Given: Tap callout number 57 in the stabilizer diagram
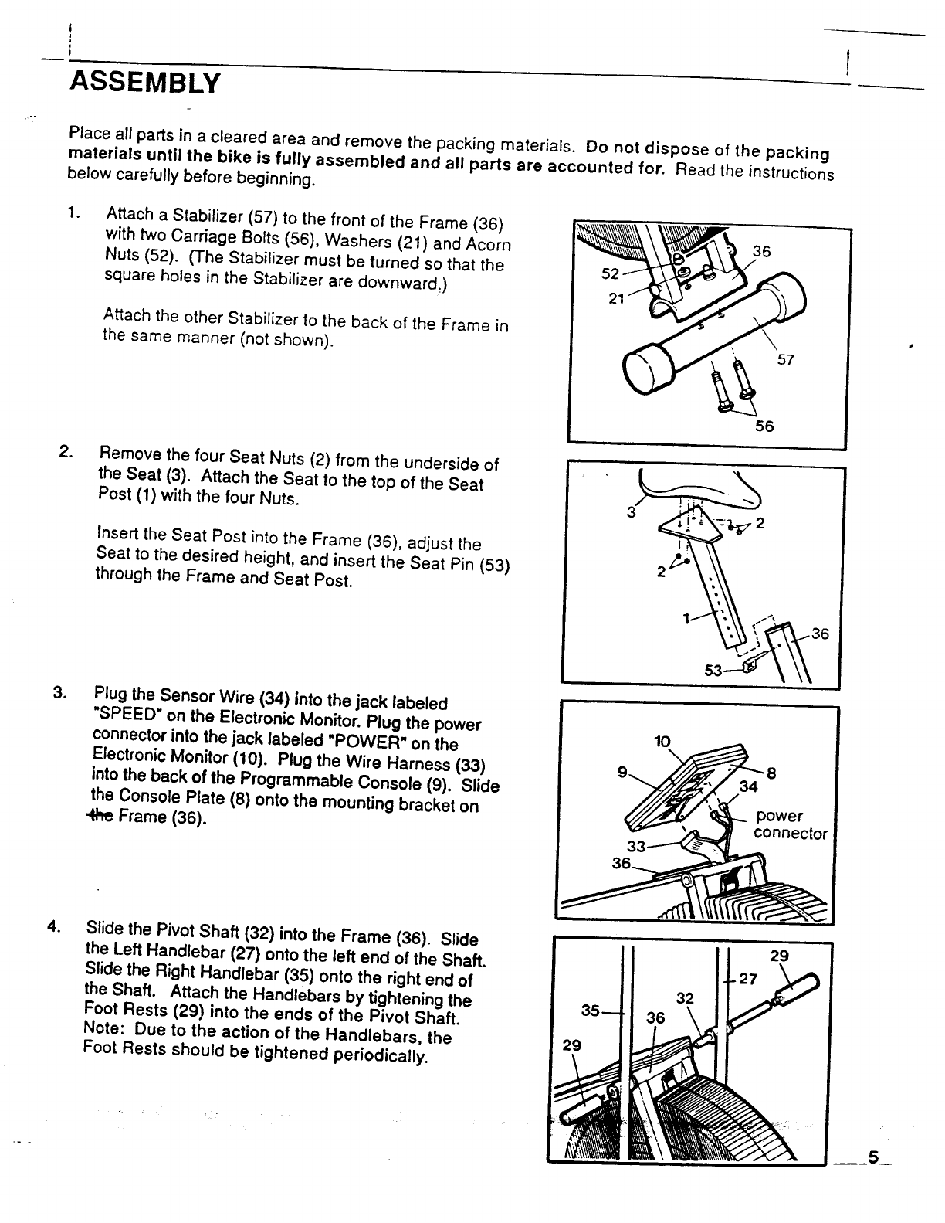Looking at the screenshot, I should (x=785, y=360).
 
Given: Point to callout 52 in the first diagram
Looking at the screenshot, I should (x=611, y=274).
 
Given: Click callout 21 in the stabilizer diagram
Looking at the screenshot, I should (x=616, y=298).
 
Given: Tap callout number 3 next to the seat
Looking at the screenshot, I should (x=631, y=511).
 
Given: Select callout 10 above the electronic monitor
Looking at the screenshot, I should (x=661, y=742).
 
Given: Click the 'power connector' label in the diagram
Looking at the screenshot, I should (x=789, y=825).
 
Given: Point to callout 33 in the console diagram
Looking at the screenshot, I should (x=635, y=846).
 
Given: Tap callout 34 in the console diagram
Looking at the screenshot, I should (x=747, y=787).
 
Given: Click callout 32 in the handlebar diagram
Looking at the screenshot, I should (x=684, y=998).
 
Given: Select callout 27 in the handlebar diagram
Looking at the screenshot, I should (x=747, y=980).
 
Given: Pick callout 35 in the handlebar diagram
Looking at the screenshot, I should (x=591, y=1010).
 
